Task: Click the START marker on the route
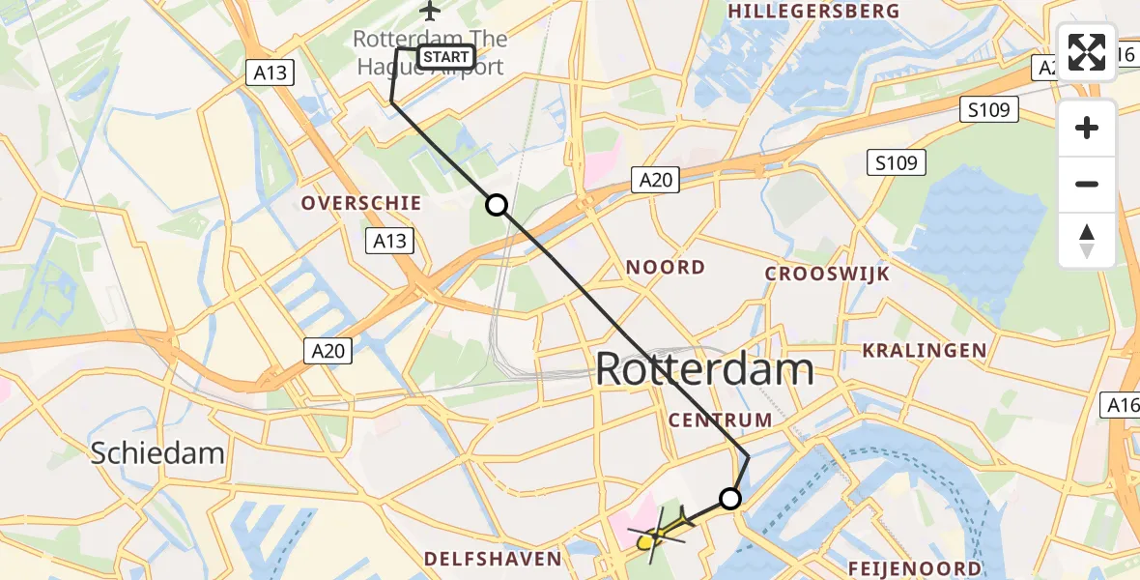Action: point(445,57)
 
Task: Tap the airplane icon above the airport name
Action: point(430,12)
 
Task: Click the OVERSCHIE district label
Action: point(361,203)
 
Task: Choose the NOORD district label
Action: point(666,267)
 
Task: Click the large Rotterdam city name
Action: point(704,369)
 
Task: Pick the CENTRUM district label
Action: point(721,420)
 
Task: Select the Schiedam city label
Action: point(157,452)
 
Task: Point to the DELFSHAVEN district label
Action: point(493,559)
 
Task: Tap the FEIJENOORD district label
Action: point(915,568)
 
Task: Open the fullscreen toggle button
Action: point(1087,52)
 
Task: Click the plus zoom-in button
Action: point(1087,128)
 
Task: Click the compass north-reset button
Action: point(1087,241)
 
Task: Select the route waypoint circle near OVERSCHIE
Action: point(496,205)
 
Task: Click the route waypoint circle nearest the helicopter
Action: point(730,499)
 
